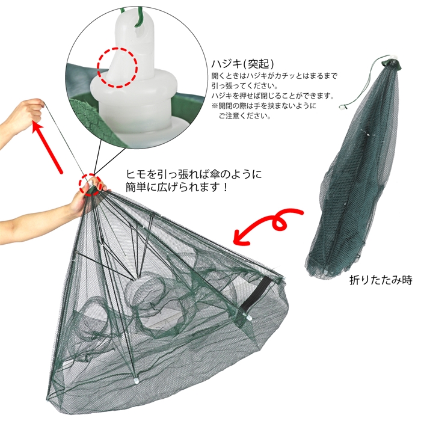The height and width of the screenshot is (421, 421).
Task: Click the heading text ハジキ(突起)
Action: tap(243, 64)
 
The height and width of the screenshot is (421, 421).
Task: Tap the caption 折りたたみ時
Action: tap(381, 280)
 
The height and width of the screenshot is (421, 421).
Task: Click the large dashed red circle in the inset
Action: tap(117, 67)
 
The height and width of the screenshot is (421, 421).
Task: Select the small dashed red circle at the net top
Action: tap(90, 185)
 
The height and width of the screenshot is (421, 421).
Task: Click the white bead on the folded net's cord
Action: tap(342, 107)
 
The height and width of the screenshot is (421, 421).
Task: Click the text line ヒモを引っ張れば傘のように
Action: tap(193, 174)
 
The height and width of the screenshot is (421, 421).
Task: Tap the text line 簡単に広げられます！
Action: tap(177, 187)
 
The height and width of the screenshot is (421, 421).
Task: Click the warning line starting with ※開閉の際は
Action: tap(264, 106)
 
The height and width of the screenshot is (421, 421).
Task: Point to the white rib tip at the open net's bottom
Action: tap(136, 380)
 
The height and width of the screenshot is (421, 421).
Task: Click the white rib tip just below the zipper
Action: tap(248, 318)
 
